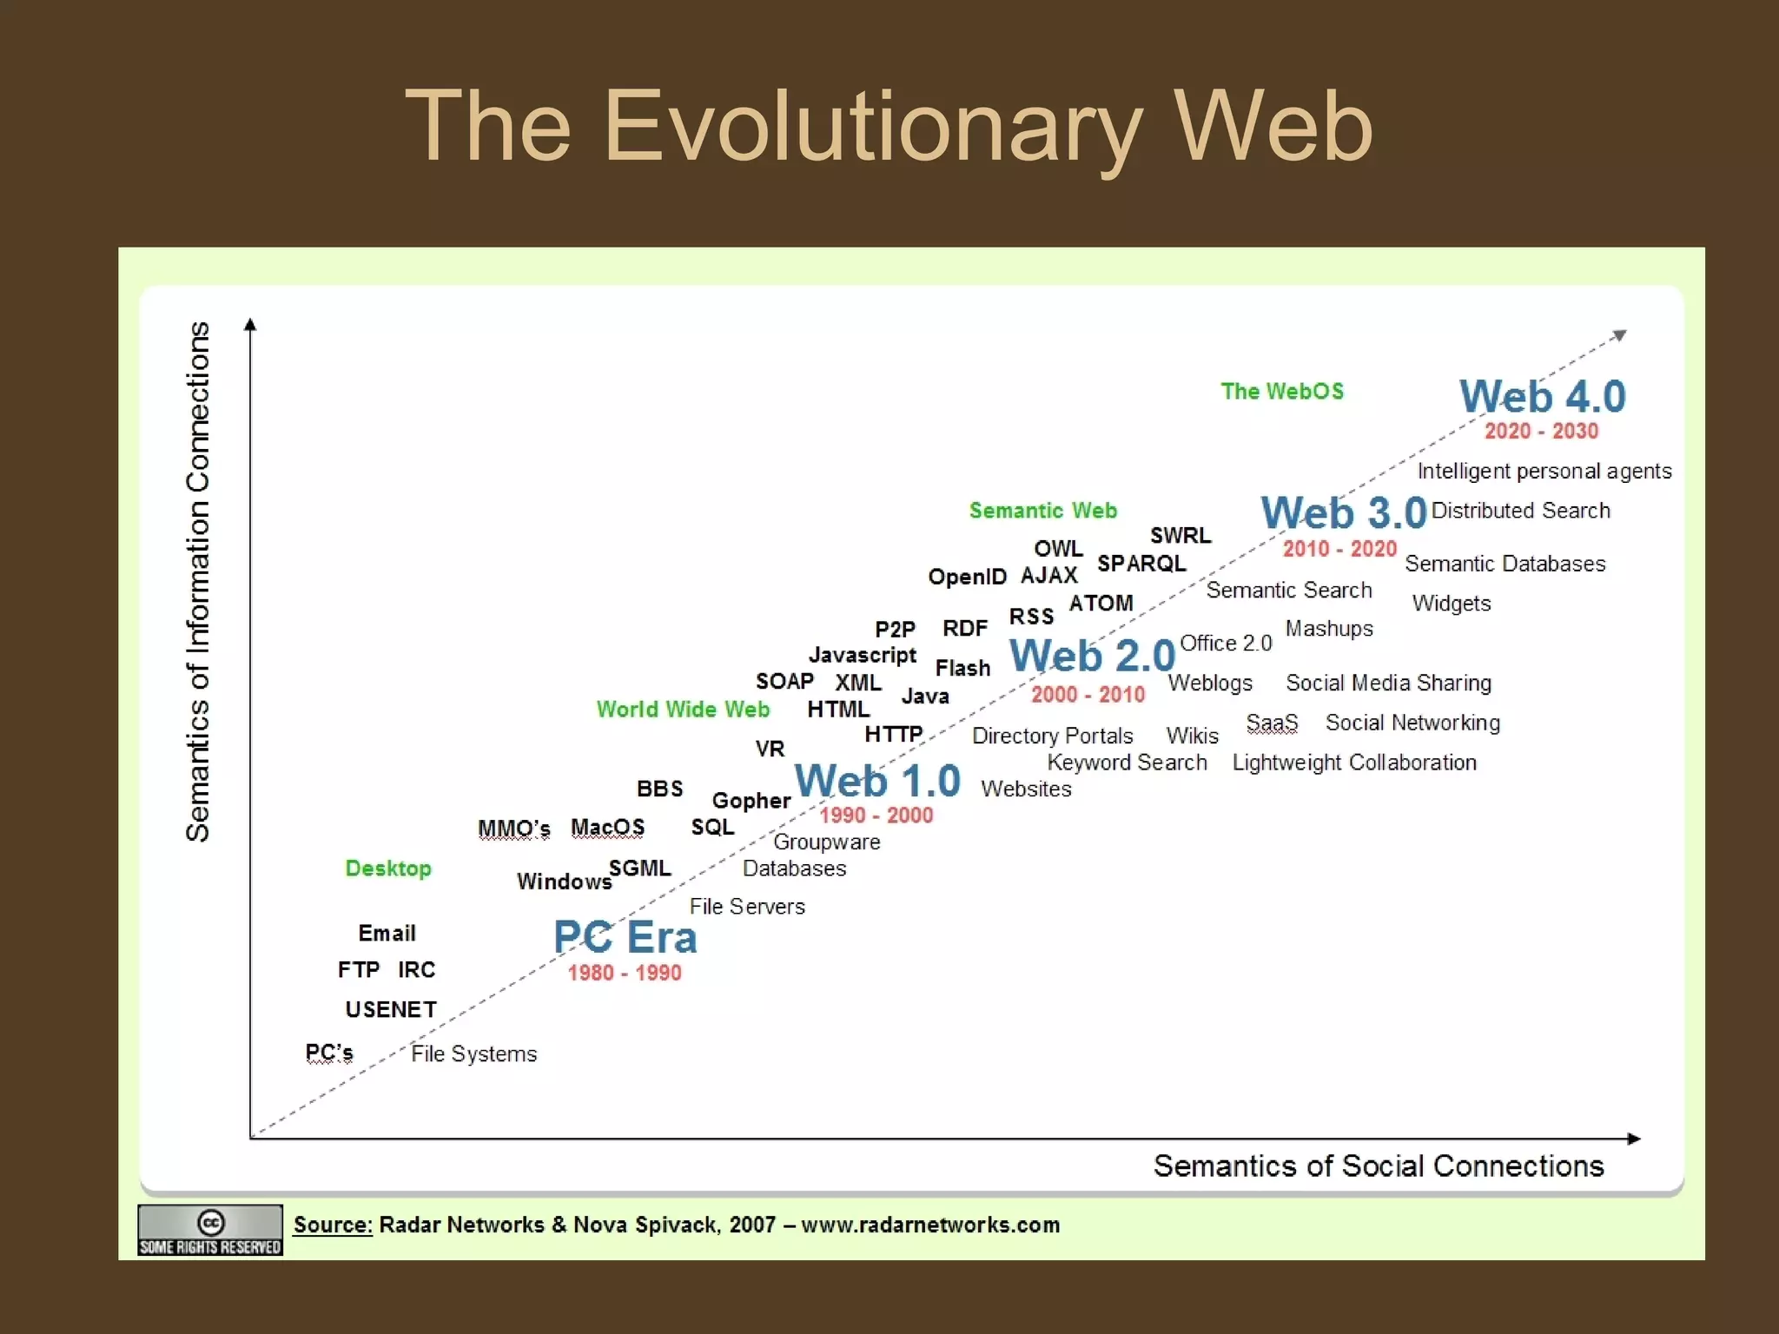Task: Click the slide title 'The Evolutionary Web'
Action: (x=888, y=127)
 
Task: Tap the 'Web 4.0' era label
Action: (x=1542, y=397)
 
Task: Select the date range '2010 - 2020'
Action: (x=1339, y=549)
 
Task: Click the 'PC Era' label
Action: (x=625, y=938)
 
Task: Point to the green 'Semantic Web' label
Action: (x=1042, y=511)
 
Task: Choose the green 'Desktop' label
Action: (x=388, y=868)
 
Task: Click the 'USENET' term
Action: (x=391, y=1009)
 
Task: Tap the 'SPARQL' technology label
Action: (x=1141, y=564)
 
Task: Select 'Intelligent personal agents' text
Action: (x=1544, y=471)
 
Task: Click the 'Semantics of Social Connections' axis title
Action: (x=1378, y=1166)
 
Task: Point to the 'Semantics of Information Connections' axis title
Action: (x=198, y=582)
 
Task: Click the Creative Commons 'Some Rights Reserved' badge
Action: (x=210, y=1230)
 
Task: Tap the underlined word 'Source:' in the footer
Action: (x=333, y=1225)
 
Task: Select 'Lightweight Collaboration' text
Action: (x=1354, y=763)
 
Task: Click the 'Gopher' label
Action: (x=751, y=801)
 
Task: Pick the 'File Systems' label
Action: (x=473, y=1053)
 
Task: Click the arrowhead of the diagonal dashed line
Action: (x=1619, y=335)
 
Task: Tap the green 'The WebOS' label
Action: (x=1281, y=392)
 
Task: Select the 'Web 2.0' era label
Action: (x=1092, y=656)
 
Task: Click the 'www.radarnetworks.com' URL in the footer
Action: (x=929, y=1225)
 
